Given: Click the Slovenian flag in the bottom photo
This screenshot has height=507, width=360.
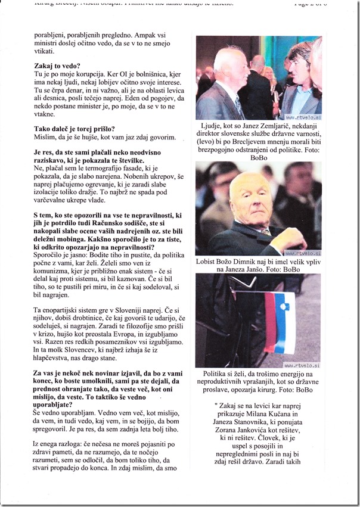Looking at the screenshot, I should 279,325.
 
